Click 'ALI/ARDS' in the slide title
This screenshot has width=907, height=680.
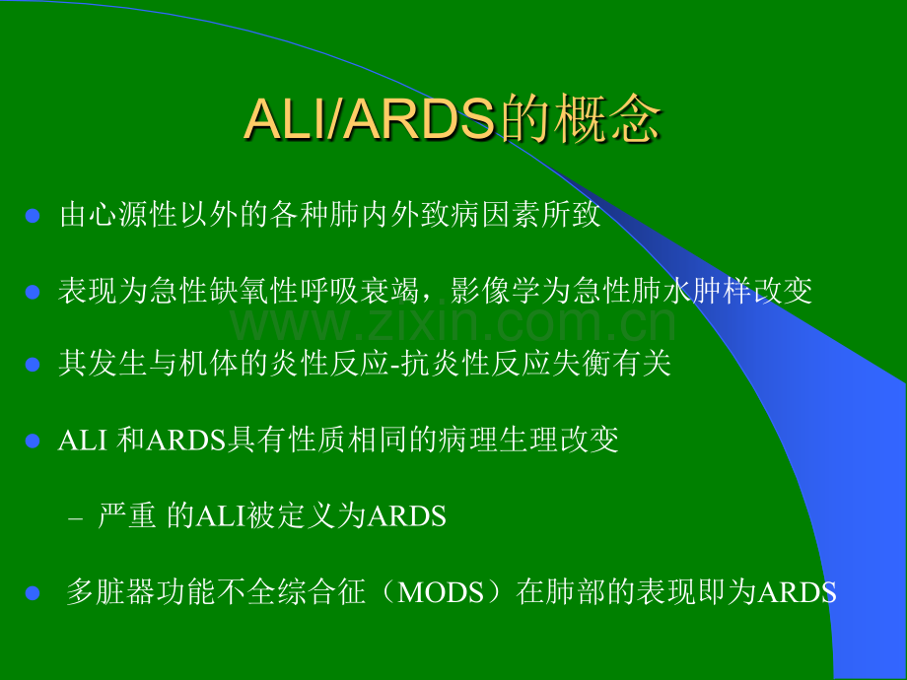[x=371, y=119]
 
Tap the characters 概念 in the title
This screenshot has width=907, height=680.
[x=606, y=119]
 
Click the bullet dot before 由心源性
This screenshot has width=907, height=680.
[x=33, y=216]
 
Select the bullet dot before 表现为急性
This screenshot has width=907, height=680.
[x=33, y=292]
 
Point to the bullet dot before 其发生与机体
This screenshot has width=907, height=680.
[x=33, y=365]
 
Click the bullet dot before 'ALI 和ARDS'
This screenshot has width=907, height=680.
[x=33, y=442]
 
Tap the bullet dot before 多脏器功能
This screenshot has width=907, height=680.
[x=33, y=593]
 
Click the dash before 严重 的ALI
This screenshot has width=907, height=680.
[x=75, y=518]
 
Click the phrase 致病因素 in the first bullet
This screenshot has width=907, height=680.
[x=479, y=215]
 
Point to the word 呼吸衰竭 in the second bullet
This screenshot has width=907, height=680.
[x=360, y=291]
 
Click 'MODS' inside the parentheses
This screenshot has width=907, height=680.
[x=441, y=592]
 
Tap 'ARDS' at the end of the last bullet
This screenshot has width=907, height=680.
[x=798, y=592]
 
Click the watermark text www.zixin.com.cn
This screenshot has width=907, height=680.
[x=453, y=324]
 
